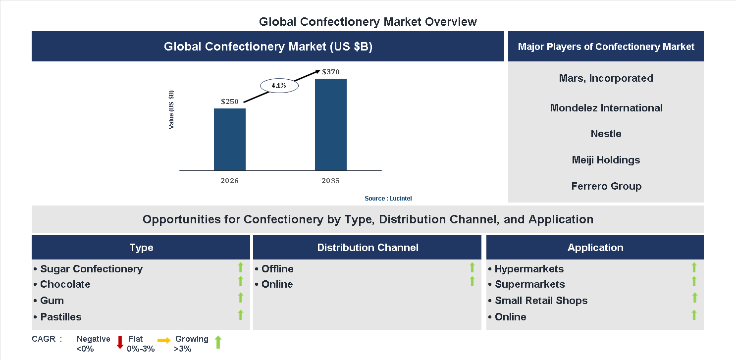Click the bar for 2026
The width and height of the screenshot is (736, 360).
tap(229, 139)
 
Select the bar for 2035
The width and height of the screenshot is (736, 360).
tap(330, 124)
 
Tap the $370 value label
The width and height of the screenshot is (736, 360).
tap(330, 72)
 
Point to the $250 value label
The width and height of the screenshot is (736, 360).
tap(230, 102)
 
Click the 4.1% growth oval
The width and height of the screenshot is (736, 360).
tap(278, 86)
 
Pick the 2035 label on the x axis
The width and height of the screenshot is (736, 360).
tap(330, 181)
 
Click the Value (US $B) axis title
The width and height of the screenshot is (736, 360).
tap(171, 109)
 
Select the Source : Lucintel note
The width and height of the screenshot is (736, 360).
tap(388, 199)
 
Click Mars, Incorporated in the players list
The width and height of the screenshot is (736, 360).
tap(606, 78)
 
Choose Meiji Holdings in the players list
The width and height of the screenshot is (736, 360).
tap(606, 160)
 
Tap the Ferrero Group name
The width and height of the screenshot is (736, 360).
tap(606, 186)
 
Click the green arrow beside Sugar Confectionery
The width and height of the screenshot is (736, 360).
tap(241, 268)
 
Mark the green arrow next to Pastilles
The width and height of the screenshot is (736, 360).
tap(241, 314)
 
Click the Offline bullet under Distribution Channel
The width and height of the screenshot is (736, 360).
tap(274, 269)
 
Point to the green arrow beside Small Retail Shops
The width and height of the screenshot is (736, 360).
tap(694, 298)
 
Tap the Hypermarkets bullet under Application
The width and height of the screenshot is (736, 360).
tap(526, 269)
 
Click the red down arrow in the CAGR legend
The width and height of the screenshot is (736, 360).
tap(120, 342)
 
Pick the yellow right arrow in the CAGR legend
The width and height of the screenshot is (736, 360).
tap(164, 340)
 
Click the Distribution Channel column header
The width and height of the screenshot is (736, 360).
tap(368, 248)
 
